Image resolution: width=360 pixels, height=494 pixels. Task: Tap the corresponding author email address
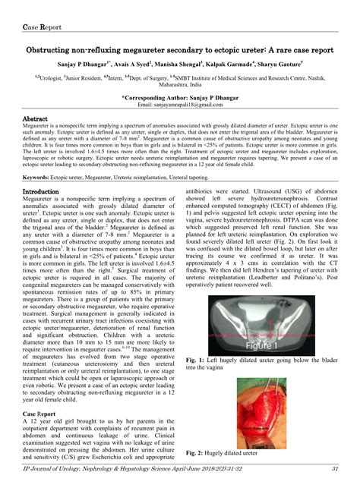pos(180,106)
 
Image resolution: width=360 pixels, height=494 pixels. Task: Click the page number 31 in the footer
pos(334,470)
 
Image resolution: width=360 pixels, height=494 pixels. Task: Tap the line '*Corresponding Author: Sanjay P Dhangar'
pos(179,98)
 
